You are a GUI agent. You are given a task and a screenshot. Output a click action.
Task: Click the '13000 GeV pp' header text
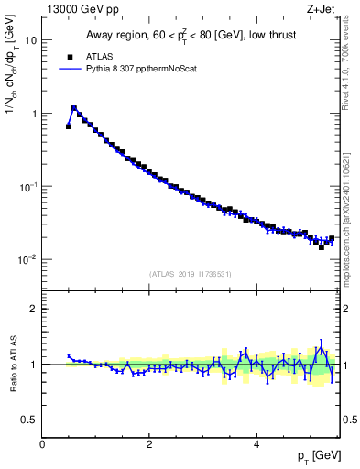pyautogui.click(x=79, y=9)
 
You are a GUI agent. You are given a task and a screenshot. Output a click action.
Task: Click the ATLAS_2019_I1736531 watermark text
pyautogui.click(x=191, y=274)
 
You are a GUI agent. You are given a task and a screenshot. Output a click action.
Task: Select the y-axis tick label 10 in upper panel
pyautogui.click(x=30, y=40)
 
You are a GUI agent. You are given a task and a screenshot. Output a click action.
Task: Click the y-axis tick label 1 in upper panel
pyautogui.click(x=33, y=114)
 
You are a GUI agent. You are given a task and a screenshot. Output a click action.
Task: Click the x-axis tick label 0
pyautogui.click(x=43, y=443)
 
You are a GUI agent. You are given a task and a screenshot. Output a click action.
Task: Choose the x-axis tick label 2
pyautogui.click(x=149, y=443)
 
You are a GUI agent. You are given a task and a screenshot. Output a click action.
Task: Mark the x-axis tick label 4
pyautogui.click(x=256, y=443)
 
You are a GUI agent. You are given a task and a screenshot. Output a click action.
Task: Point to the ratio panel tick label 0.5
pyautogui.click(x=29, y=420)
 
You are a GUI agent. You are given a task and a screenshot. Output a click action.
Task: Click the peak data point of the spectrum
pyautogui.click(x=74, y=108)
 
